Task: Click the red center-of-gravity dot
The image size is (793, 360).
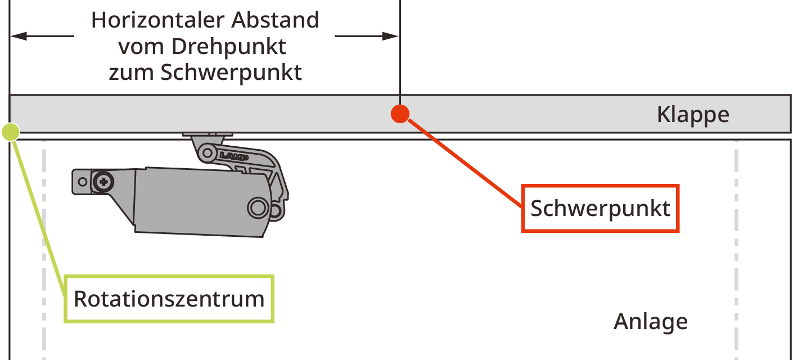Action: click(x=399, y=114)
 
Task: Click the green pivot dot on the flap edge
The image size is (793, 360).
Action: click(x=11, y=132)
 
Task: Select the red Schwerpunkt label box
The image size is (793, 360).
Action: click(x=600, y=208)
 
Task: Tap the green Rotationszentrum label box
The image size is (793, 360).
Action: click(x=169, y=298)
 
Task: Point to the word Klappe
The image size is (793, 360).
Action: click(x=693, y=115)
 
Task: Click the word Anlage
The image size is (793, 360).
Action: click(x=650, y=322)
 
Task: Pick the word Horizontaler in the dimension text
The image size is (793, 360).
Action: click(x=150, y=20)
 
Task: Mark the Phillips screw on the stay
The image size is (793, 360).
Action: click(x=103, y=181)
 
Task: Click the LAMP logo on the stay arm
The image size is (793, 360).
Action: click(x=231, y=155)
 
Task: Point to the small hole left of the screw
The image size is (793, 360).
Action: click(x=83, y=182)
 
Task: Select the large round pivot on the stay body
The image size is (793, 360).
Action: click(x=258, y=208)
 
